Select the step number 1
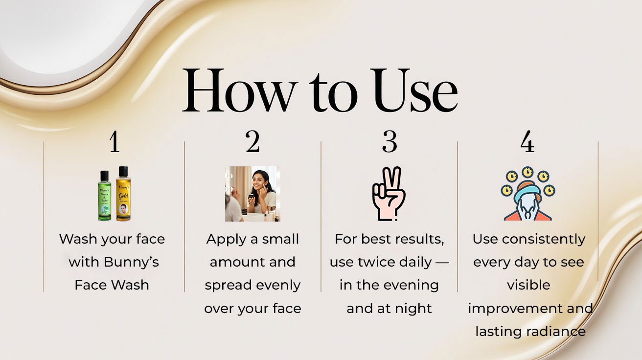point(115,142)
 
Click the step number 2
point(252,142)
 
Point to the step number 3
point(390,142)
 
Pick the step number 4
point(527,142)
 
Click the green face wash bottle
point(104,196)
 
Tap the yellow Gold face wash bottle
point(123,194)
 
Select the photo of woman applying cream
point(253,194)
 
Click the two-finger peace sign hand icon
point(389,194)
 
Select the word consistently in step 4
point(543,239)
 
